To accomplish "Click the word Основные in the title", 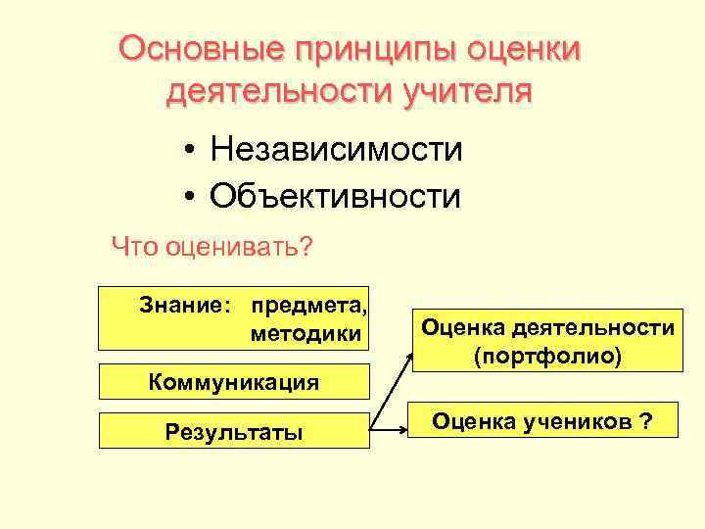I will [x=196, y=48].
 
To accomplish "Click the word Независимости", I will [x=335, y=151].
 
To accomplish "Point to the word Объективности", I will [x=334, y=196].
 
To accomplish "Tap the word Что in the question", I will [x=134, y=245].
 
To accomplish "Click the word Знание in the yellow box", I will [x=183, y=306].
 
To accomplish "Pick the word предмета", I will [x=309, y=306].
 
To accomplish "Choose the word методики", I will [x=305, y=334].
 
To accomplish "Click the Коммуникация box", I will [x=234, y=381].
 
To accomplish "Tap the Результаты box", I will [x=234, y=431].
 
